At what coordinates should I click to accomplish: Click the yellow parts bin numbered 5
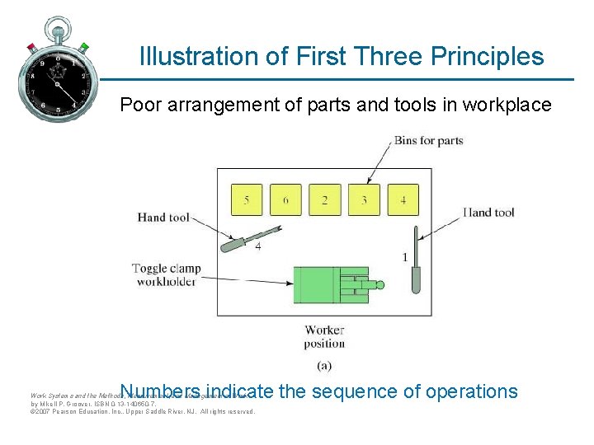(247, 200)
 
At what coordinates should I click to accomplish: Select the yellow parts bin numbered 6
(285, 200)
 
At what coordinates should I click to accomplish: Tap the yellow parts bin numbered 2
(324, 200)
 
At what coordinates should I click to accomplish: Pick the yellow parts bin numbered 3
(364, 200)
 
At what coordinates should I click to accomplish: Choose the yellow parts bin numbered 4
(403, 200)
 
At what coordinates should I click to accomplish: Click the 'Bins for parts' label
(428, 140)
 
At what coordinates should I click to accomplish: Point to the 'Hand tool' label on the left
(163, 218)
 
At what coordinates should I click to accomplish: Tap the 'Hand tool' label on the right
(488, 213)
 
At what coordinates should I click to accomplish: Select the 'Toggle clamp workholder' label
(166, 275)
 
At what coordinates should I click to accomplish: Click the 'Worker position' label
(324, 336)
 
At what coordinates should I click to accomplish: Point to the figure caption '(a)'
(324, 364)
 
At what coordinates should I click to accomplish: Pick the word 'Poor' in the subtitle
(138, 105)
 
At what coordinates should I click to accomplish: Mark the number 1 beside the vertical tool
(404, 258)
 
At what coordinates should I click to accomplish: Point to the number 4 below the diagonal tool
(258, 248)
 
